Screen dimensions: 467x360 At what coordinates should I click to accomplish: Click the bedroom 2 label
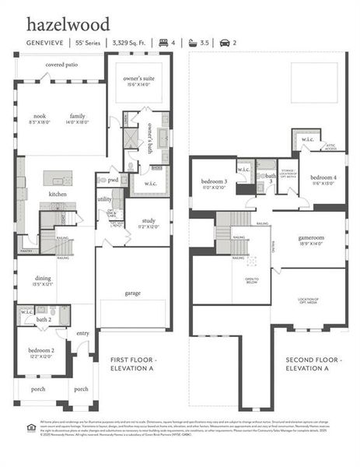(x=43, y=351)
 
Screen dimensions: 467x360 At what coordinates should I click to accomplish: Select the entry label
(x=83, y=332)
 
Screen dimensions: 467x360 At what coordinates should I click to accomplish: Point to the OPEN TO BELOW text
(x=251, y=280)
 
